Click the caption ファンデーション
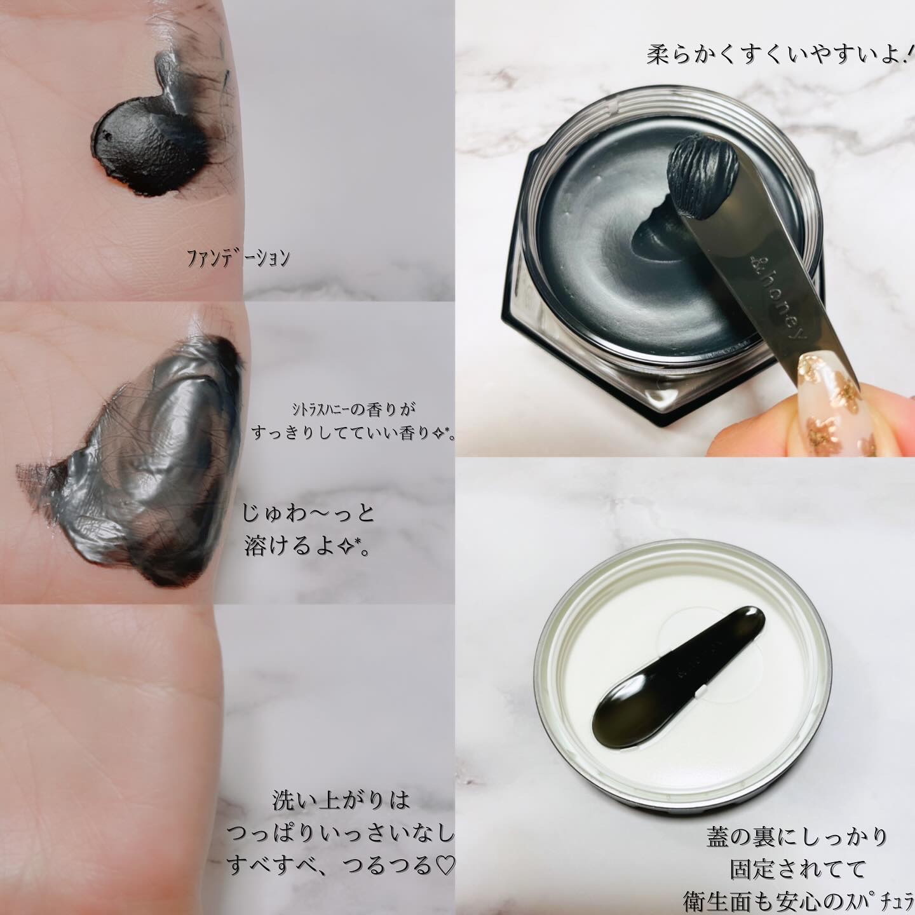point(238,259)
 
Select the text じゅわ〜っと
point(308,514)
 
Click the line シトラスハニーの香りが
point(354,409)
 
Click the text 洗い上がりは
point(341,800)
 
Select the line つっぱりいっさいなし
point(340,833)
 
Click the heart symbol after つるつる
point(444,865)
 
